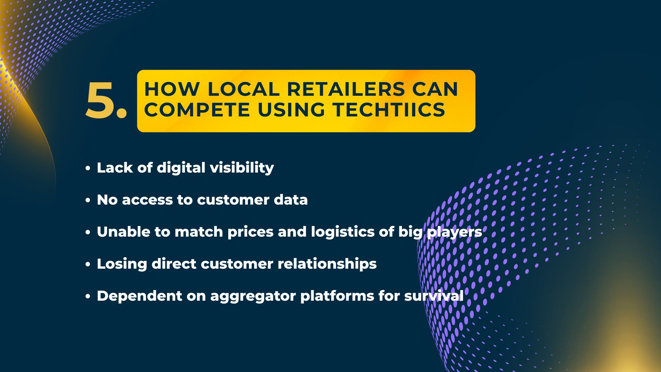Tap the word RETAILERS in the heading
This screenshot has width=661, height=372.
(346, 89)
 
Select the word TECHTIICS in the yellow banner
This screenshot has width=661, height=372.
(389, 110)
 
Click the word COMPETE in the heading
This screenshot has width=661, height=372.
(197, 110)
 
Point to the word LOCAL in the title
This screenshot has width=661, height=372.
(243, 89)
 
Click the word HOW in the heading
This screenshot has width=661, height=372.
(172, 89)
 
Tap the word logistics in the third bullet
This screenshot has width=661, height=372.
(343, 232)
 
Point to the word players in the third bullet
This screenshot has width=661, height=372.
(454, 232)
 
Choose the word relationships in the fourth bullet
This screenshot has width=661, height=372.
(327, 264)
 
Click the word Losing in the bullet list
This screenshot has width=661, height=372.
(122, 264)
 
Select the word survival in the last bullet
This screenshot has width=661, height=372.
(434, 296)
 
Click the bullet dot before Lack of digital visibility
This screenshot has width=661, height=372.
(88, 168)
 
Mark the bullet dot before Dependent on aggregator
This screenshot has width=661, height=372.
(88, 297)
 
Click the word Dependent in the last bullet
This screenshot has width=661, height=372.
(139, 296)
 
